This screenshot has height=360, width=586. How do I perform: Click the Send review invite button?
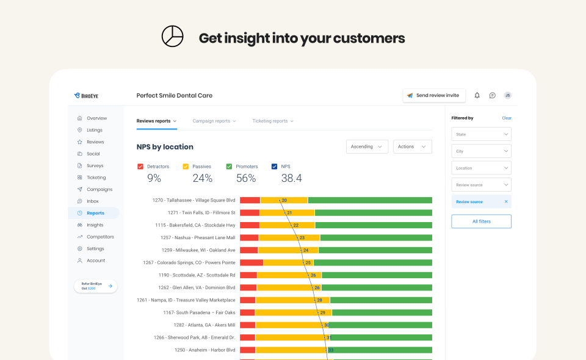coord(434,96)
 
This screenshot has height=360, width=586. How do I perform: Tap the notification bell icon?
coord(477,96)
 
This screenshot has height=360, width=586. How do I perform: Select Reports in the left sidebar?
coord(95,213)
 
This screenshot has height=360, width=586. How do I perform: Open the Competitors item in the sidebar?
coord(100,237)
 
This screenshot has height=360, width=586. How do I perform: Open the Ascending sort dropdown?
coord(367,146)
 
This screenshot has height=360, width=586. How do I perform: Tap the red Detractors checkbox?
coord(140,167)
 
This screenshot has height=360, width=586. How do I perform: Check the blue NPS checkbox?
coord(275,167)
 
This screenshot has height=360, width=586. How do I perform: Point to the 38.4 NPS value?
coord(291,178)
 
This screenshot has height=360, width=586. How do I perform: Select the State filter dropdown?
coord(481,134)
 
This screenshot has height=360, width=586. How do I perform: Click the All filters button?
coord(481,221)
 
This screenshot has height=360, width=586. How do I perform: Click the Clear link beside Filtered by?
coord(507,118)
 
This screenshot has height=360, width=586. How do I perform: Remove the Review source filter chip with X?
coord(506,201)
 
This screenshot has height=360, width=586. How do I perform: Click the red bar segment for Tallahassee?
coord(250,200)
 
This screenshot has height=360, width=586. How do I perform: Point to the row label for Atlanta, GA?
coord(204,325)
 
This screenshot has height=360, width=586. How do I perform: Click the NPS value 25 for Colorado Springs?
coord(308,262)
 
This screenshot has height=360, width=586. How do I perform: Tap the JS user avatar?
coord(508,96)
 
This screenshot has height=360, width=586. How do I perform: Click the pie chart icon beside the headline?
coord(172,37)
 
